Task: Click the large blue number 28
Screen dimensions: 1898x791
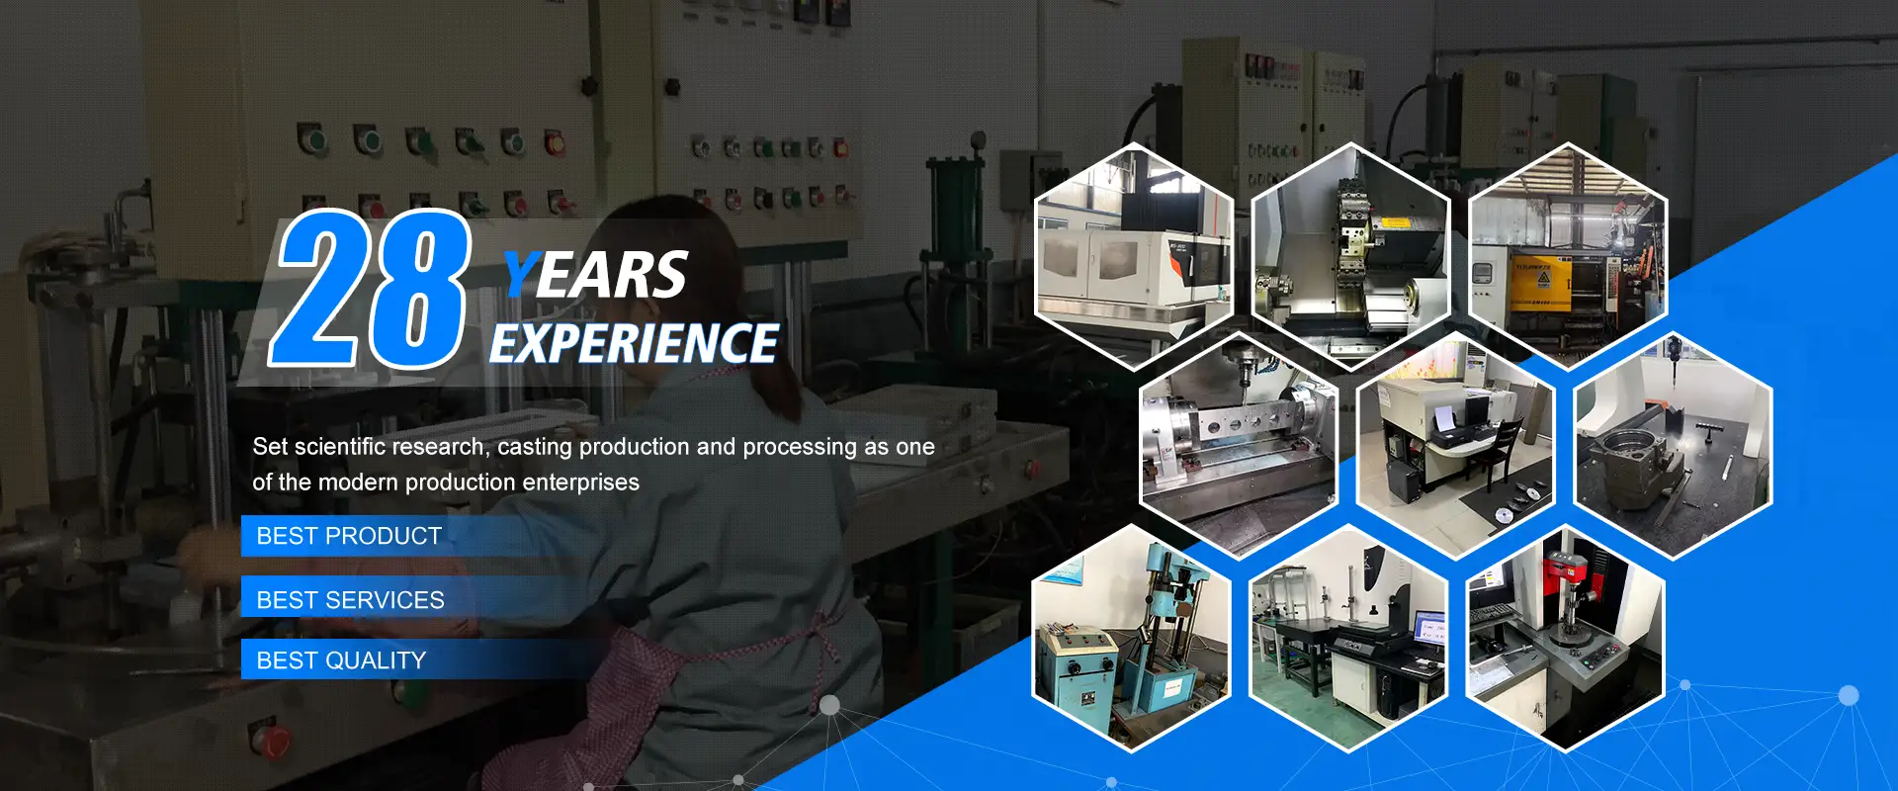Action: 371,288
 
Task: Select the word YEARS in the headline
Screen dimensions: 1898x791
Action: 595,274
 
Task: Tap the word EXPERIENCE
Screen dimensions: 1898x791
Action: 634,344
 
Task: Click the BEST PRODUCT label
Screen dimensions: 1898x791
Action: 349,536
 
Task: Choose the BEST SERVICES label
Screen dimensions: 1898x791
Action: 350,600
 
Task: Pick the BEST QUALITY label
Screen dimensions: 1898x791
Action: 341,660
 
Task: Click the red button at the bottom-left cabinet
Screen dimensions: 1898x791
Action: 269,739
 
